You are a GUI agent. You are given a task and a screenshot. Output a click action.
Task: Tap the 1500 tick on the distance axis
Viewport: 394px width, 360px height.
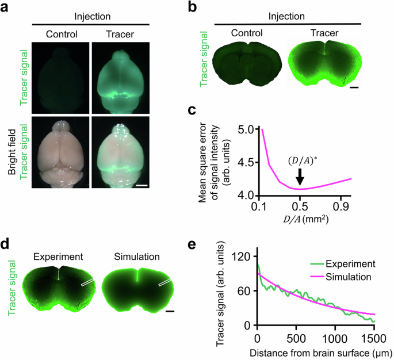[x=374, y=335]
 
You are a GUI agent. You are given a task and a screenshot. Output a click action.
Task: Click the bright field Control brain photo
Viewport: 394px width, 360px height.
[x=60, y=152]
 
